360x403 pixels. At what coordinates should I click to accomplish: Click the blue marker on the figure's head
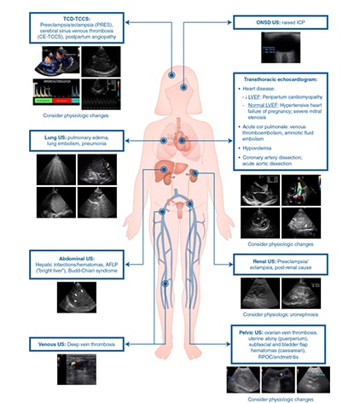171,75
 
